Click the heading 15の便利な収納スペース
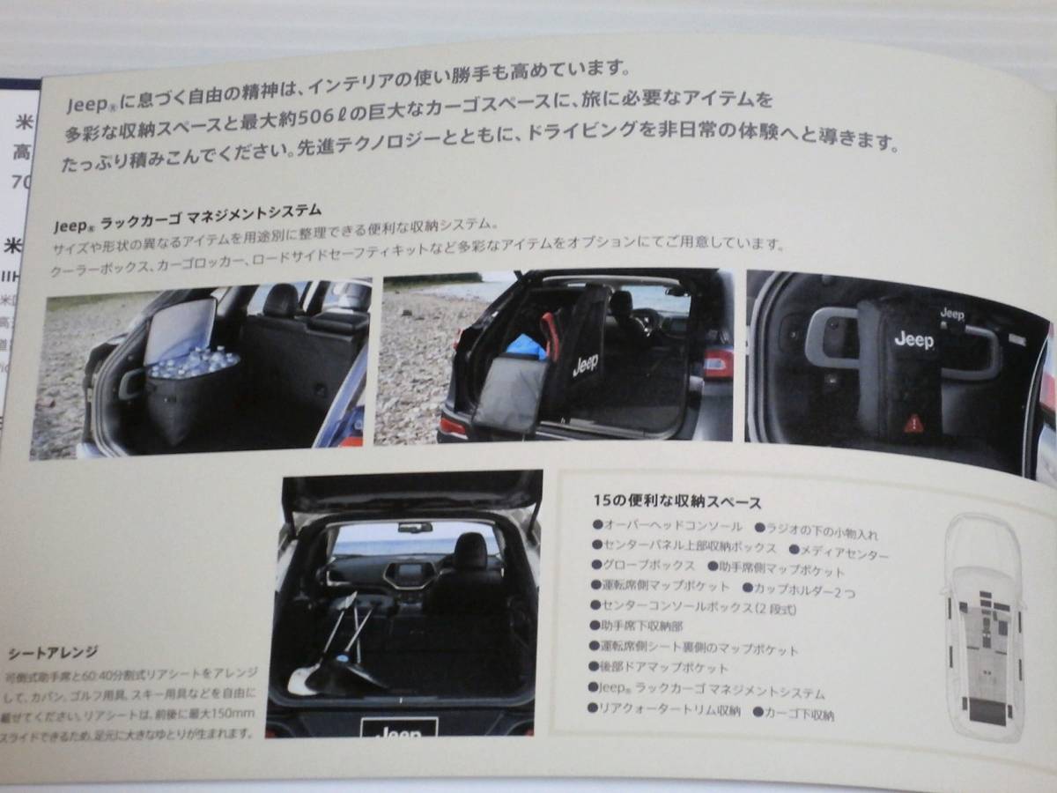[x=677, y=502]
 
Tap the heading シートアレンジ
[x=53, y=653]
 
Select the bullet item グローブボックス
[x=648, y=565]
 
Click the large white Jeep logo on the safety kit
[x=913, y=338]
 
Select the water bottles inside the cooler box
[x=193, y=361]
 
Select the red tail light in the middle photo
[x=717, y=362]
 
